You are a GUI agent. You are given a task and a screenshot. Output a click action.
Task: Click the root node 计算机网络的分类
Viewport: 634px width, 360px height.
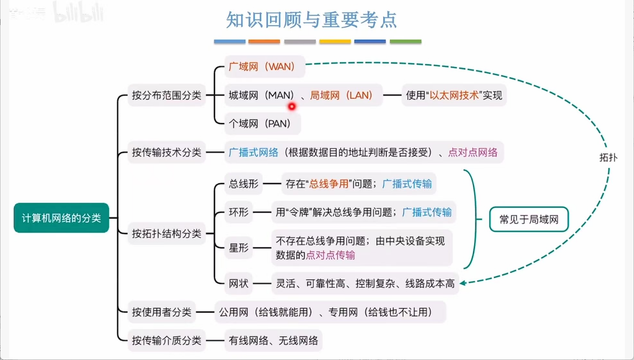pyautogui.click(x=61, y=218)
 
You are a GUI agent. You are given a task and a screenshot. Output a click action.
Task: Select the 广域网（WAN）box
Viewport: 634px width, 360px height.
pyautogui.click(x=264, y=66)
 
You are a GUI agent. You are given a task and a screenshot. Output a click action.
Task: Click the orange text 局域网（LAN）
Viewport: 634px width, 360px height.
pyautogui.click(x=341, y=95)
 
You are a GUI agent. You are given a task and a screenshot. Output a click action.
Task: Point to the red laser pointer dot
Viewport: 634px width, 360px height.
pyautogui.click(x=292, y=107)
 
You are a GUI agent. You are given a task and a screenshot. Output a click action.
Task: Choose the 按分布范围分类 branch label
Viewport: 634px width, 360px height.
pyautogui.click(x=167, y=95)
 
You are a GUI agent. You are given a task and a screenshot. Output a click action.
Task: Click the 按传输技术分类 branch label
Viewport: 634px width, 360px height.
pyautogui.click(x=167, y=152)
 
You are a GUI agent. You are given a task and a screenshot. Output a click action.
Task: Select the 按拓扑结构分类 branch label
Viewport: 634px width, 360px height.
pyautogui.click(x=167, y=234)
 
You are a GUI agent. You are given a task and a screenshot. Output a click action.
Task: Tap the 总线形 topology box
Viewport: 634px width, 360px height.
pyautogui.click(x=243, y=184)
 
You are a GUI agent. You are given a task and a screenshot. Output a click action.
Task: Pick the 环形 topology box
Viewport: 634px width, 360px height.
pyautogui.click(x=238, y=212)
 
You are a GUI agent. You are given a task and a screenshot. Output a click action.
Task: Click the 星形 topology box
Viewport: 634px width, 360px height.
pyautogui.click(x=238, y=248)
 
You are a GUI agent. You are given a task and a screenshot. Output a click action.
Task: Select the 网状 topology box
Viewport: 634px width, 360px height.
pyautogui.click(x=238, y=284)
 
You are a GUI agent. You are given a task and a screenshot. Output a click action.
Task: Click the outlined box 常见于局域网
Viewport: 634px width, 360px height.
pyautogui.click(x=529, y=219)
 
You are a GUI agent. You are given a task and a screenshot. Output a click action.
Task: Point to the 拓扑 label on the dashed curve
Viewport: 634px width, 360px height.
pyautogui.click(x=608, y=158)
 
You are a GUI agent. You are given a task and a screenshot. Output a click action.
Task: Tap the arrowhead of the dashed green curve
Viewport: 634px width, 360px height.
pyautogui.click(x=463, y=283)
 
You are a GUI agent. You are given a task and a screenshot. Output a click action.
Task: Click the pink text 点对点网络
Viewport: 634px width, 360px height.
pyautogui.click(x=473, y=152)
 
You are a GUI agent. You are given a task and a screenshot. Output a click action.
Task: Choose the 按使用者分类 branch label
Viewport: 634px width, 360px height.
pyautogui.click(x=161, y=312)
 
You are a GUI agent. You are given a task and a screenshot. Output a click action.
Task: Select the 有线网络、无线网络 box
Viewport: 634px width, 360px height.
pyautogui.click(x=273, y=341)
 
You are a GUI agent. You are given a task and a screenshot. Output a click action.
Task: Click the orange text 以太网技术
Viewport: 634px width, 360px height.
pyautogui.click(x=454, y=95)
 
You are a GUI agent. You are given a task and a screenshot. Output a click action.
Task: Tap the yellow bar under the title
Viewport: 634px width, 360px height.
pyautogui.click(x=335, y=41)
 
